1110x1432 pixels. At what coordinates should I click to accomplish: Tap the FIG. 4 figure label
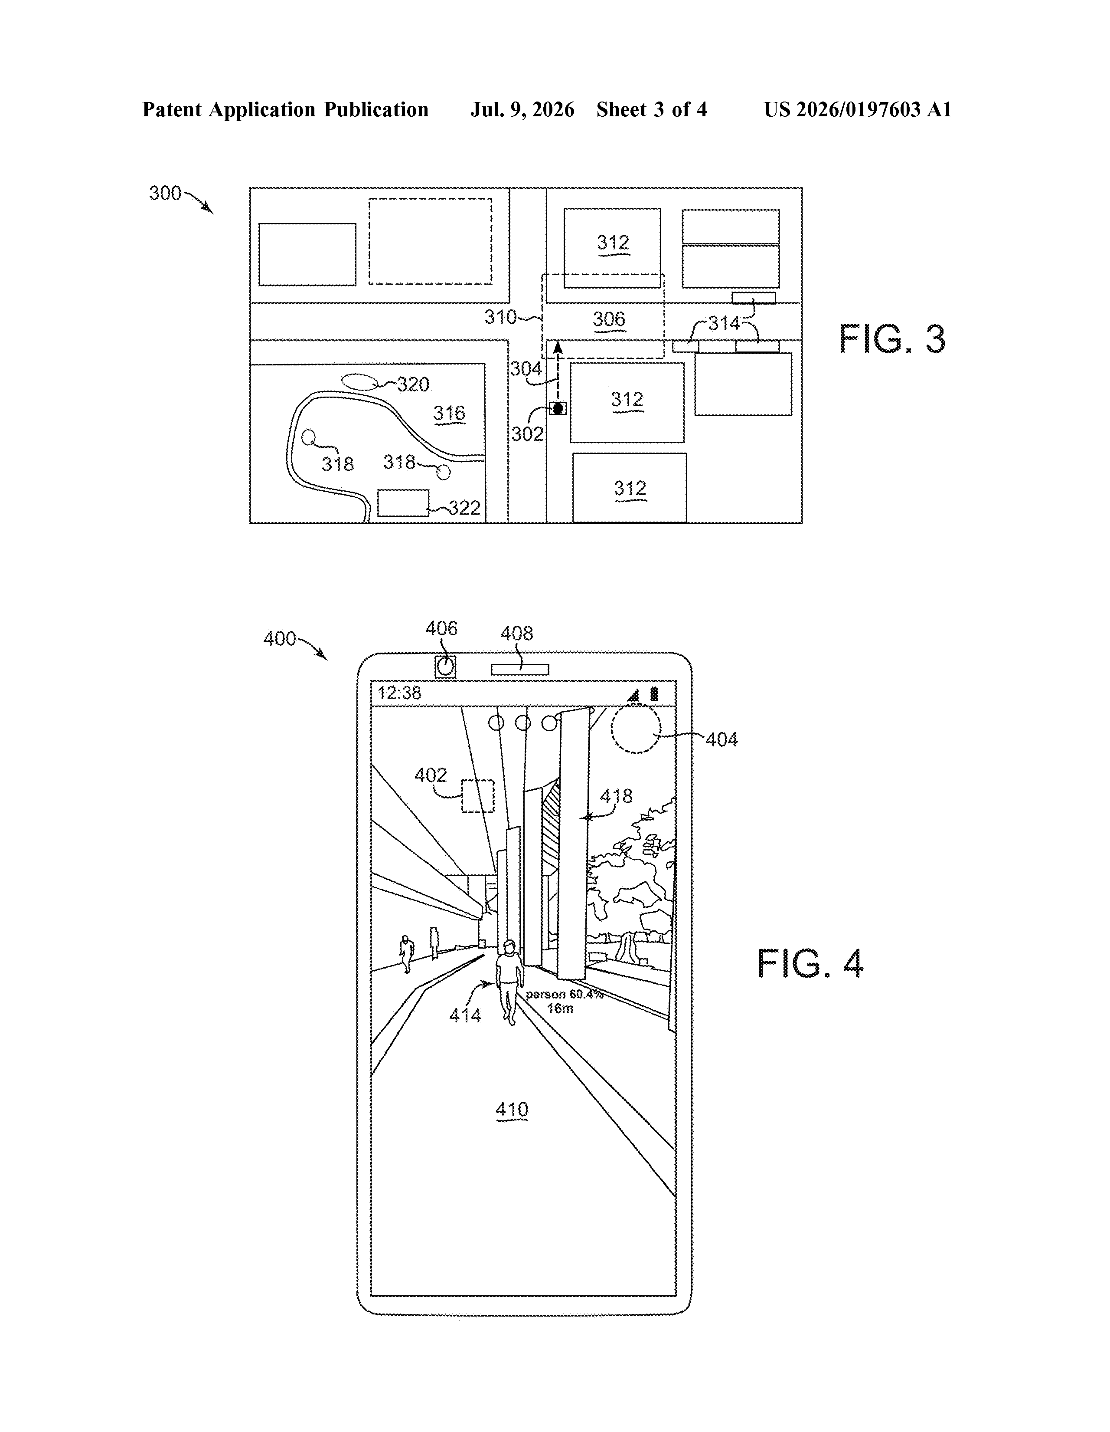(x=810, y=963)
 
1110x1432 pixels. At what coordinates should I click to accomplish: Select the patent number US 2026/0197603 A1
(x=858, y=109)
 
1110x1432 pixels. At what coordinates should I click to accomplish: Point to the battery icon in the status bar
(x=654, y=694)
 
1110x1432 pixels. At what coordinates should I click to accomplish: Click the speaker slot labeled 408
(x=519, y=670)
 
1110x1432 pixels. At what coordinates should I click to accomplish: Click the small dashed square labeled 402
(x=478, y=796)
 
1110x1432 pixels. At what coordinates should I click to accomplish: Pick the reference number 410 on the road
(x=512, y=1110)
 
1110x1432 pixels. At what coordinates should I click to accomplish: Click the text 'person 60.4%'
(x=564, y=994)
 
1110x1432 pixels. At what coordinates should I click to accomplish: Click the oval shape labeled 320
(x=360, y=381)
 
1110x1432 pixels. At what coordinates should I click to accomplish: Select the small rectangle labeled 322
(x=403, y=503)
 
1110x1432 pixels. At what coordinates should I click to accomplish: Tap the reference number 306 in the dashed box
(x=609, y=319)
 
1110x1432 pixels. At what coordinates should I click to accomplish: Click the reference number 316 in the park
(x=450, y=413)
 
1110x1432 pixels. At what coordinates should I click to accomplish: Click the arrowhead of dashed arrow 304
(x=558, y=347)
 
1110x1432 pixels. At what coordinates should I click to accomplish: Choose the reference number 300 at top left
(x=165, y=193)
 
